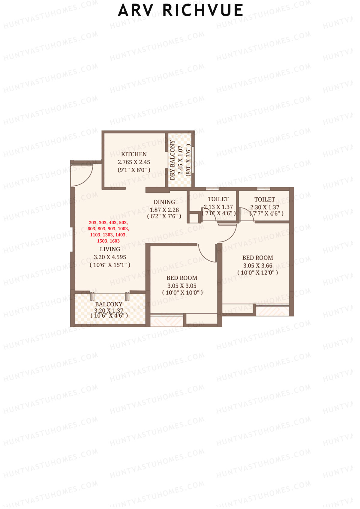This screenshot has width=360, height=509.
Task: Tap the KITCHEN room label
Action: (x=134, y=154)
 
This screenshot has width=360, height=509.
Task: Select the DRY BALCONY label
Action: (x=172, y=160)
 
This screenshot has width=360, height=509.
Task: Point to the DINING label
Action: (x=164, y=202)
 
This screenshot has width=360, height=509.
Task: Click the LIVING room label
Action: (x=110, y=249)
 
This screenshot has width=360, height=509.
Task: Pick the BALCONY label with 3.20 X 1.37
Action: (x=109, y=304)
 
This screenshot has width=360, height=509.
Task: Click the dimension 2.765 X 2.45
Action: (x=134, y=162)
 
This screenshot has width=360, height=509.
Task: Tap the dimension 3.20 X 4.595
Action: (x=110, y=257)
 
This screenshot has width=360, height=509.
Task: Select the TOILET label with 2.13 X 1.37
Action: (x=218, y=199)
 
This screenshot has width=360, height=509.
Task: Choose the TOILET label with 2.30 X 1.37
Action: (x=265, y=199)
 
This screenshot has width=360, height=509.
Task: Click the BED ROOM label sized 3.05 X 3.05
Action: (x=182, y=278)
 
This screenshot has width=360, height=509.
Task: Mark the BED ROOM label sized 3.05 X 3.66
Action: (x=258, y=258)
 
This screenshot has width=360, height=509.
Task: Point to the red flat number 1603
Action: (x=115, y=241)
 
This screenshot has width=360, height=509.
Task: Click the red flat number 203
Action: (x=93, y=223)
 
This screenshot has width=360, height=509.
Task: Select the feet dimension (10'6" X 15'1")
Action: (x=110, y=265)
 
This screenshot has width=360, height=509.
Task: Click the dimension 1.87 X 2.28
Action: (x=164, y=210)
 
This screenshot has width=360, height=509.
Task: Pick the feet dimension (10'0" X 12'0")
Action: (x=258, y=273)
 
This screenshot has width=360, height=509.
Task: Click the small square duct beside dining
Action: (x=194, y=218)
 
